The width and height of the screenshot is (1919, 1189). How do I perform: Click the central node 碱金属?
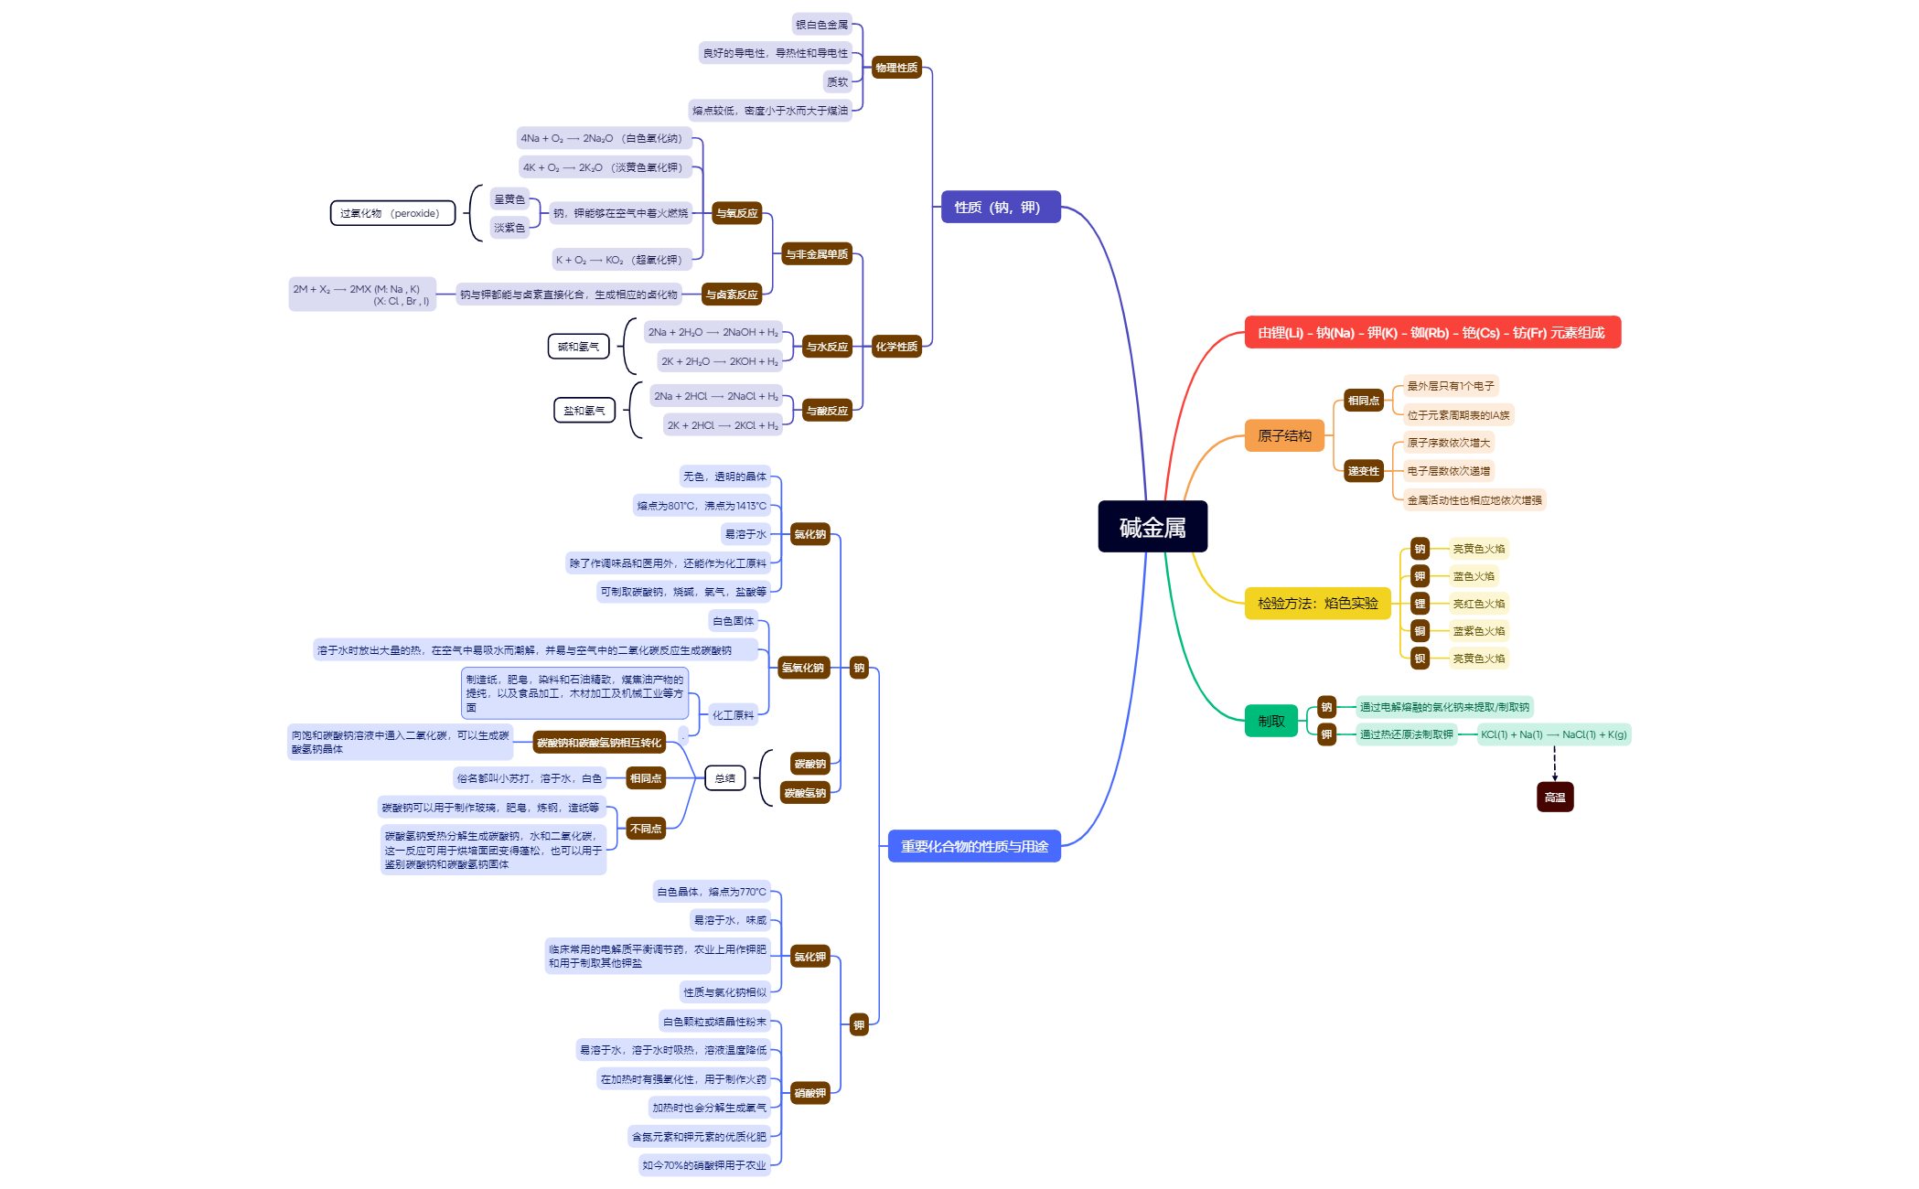point(1152,527)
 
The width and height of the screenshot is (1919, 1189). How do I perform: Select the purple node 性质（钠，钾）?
point(1000,208)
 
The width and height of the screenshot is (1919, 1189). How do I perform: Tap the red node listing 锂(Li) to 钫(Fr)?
point(1431,333)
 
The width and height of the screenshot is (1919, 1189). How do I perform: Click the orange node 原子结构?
point(1284,436)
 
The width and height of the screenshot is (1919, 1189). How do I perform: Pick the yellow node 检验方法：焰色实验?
point(1317,604)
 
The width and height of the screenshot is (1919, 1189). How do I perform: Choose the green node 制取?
point(1270,722)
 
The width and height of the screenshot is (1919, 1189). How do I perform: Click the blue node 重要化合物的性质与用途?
point(974,847)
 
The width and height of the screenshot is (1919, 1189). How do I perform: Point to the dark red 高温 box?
point(1554,798)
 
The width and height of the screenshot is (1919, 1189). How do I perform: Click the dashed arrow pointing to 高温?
point(1554,764)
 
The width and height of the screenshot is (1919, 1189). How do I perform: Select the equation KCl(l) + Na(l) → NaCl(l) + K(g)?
point(1553,735)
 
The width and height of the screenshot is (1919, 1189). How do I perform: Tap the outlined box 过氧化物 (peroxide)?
point(391,214)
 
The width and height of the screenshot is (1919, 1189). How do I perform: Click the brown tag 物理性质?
point(895,69)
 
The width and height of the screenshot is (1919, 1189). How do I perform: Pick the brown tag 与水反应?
point(827,348)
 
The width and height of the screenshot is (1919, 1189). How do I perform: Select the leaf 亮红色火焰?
point(1478,605)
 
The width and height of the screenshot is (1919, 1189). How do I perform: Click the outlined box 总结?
point(725,779)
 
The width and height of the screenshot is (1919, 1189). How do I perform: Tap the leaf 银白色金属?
point(821,26)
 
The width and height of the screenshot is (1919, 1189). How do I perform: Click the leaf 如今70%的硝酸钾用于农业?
point(703,1166)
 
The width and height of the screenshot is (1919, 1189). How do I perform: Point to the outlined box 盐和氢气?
point(584,412)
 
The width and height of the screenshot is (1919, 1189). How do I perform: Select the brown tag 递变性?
point(1363,472)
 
